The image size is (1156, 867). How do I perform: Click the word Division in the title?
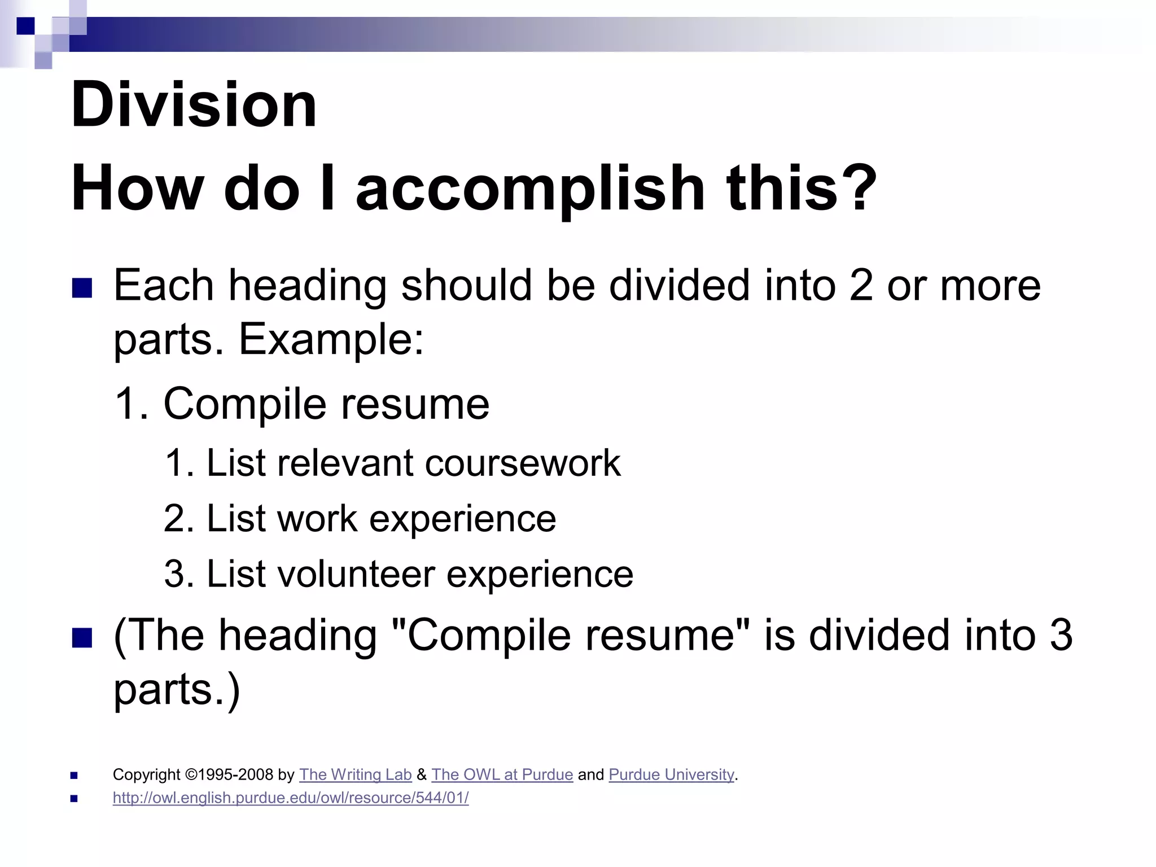(x=194, y=105)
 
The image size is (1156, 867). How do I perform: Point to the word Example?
(x=331, y=340)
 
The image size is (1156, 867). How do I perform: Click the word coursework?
(x=522, y=463)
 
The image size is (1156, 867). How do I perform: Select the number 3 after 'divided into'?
(x=1061, y=635)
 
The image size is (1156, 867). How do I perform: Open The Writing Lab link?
(x=355, y=774)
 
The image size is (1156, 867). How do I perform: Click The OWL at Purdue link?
(x=502, y=774)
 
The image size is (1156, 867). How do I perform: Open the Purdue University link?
(x=671, y=774)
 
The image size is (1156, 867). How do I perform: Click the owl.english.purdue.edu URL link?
(x=291, y=798)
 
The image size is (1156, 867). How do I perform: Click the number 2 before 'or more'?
(x=861, y=286)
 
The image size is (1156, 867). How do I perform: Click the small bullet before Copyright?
(x=74, y=776)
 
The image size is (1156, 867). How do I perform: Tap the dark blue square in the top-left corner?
(x=25, y=26)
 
